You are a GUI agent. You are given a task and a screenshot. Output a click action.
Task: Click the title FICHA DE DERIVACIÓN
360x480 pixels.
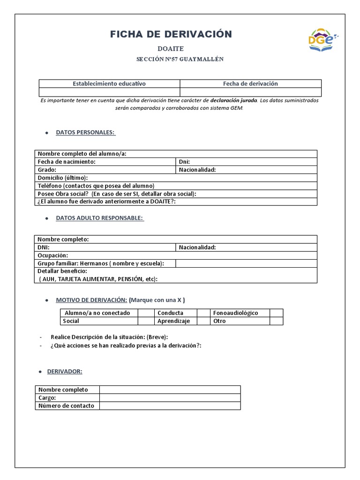point(171,34)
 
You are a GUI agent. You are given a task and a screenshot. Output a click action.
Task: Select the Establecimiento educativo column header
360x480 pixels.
point(109,83)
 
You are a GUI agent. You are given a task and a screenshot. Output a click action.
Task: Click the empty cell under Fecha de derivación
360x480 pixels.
point(250,92)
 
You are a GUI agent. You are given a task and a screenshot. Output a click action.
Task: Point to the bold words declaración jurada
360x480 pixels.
point(233,100)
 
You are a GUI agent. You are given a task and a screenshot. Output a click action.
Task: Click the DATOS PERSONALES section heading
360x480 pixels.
point(85,133)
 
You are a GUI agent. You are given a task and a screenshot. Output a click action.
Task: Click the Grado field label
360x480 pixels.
point(47,170)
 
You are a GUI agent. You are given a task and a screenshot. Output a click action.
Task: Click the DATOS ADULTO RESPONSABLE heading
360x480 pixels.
point(99,218)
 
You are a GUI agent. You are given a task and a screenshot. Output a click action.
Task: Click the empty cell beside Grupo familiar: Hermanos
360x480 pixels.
point(246,263)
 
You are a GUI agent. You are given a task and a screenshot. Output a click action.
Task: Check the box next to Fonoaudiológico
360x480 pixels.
point(276,313)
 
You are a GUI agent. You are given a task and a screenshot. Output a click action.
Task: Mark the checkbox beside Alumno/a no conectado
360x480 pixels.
point(146,313)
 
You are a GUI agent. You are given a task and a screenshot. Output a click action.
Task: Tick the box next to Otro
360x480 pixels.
point(276,321)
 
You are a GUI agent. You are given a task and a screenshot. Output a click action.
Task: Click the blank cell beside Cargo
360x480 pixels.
point(170,397)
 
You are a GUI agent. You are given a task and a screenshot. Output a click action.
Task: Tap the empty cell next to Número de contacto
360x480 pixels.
point(170,405)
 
